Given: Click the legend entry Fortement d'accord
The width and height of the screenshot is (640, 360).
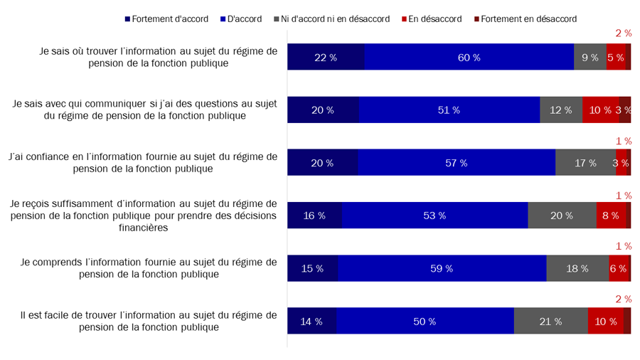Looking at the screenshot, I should coord(166,18).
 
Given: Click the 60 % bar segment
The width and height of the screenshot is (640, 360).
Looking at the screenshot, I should coord(469,57).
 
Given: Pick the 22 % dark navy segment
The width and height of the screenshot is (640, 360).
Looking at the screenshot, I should coord(326,57).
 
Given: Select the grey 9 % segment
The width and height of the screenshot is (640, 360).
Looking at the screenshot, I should coord(590,57).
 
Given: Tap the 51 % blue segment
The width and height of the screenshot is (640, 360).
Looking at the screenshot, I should coord(449,110).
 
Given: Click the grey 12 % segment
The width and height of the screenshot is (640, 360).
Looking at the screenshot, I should coord(561,110).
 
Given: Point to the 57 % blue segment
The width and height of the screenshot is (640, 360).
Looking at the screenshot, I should coord(457,163).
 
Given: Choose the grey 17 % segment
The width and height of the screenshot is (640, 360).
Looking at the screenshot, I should coord(585,163).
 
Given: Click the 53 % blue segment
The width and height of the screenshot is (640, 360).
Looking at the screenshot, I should coord(434,216).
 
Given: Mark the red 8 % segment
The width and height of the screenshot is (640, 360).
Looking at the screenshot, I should coord(611,216).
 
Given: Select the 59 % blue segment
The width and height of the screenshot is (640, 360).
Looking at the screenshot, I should coord(442,268).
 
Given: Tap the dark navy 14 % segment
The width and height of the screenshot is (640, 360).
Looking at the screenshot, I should coord(311,321).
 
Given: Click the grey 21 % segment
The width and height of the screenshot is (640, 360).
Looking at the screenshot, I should coord(550,321).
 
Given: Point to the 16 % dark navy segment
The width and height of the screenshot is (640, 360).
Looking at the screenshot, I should coord(314,216).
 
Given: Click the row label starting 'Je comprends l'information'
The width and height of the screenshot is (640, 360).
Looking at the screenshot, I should coord(149,268).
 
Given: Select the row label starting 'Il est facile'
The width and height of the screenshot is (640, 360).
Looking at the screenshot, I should coord(149,321).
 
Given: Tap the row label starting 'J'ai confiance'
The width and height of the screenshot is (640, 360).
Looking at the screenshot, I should coord(142,163).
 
